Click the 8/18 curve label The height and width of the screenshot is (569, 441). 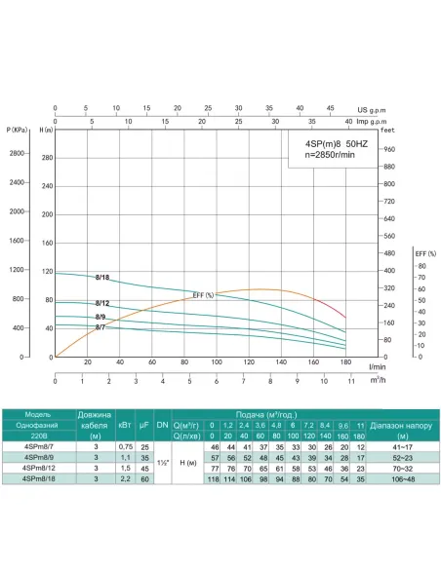pos(102,278)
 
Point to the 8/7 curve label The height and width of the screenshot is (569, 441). pos(100,327)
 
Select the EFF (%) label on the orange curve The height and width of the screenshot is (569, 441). pos(203,295)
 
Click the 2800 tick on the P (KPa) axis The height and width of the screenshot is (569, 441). pos(18,154)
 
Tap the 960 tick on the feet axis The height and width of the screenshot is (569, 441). pos(388,149)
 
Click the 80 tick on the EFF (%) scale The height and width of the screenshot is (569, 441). pos(421,266)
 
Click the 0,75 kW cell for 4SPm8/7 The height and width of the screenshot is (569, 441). pos(126,445)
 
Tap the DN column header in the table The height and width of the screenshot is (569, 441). pos(162,426)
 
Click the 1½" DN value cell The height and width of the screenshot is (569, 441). pos(162,462)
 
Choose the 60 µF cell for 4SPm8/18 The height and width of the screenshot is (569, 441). pos(145,477)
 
